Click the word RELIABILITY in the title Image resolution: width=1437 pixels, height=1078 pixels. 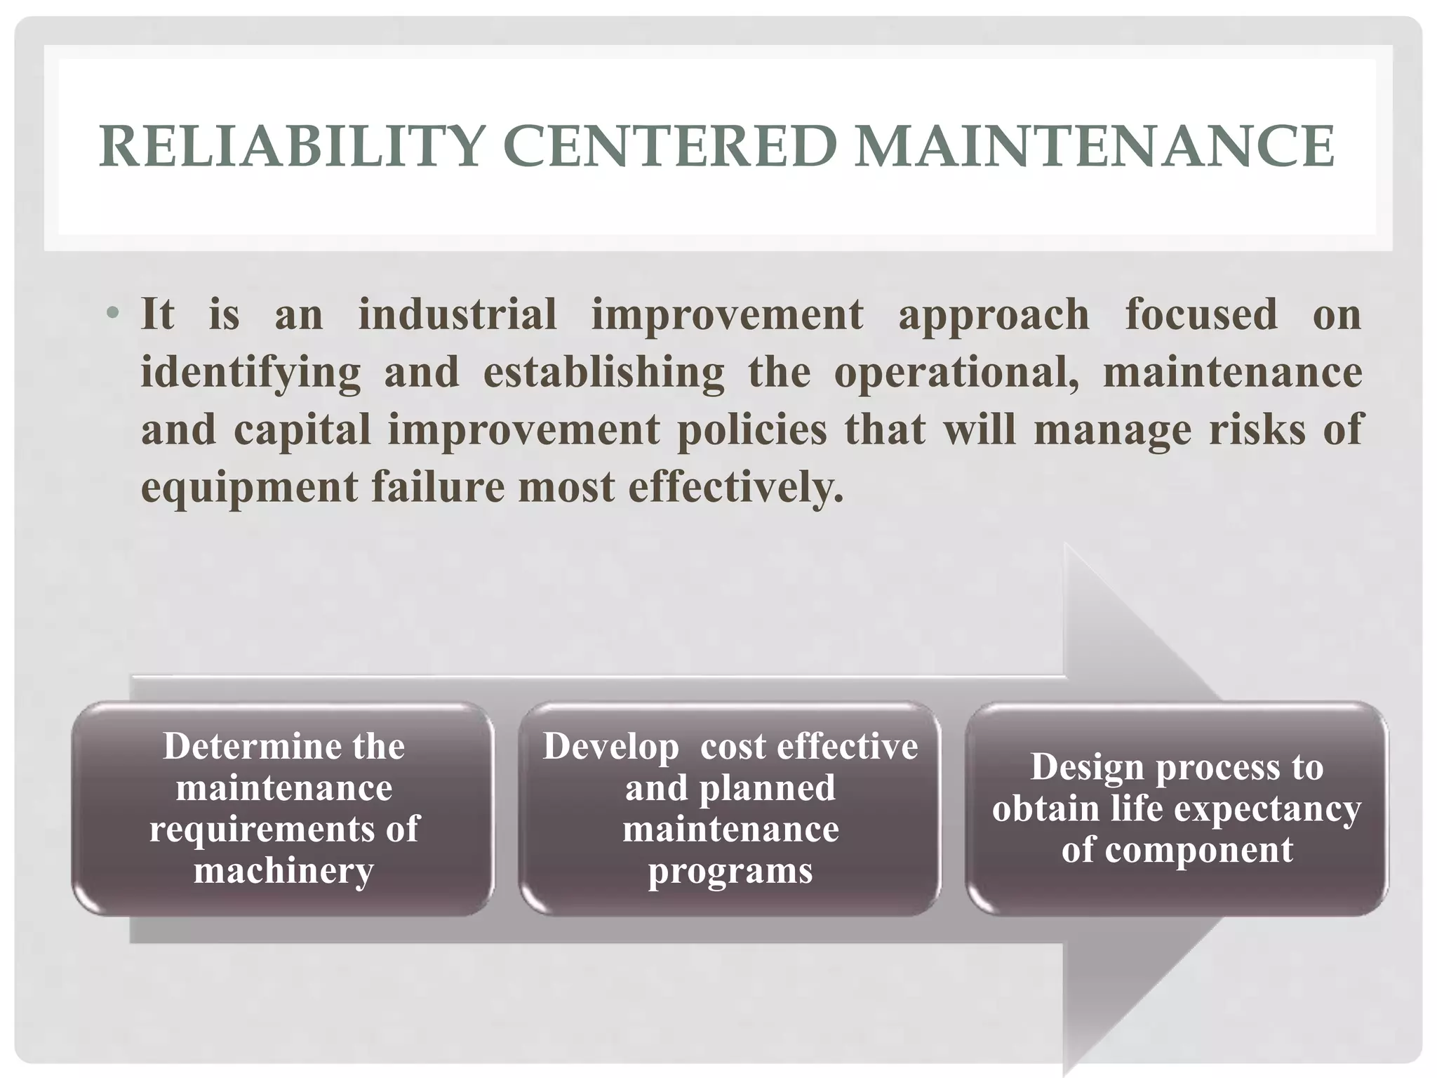click(x=292, y=147)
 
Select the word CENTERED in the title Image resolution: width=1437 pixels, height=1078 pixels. click(x=669, y=147)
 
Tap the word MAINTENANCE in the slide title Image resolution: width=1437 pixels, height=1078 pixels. click(x=1094, y=147)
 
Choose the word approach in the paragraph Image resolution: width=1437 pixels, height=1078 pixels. click(x=994, y=315)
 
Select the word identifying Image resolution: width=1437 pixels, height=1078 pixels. click(x=250, y=373)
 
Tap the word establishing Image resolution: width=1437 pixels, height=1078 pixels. click(x=603, y=373)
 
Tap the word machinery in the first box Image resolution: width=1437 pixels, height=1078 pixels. click(x=283, y=871)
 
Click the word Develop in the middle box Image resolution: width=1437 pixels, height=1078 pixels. click(x=610, y=747)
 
